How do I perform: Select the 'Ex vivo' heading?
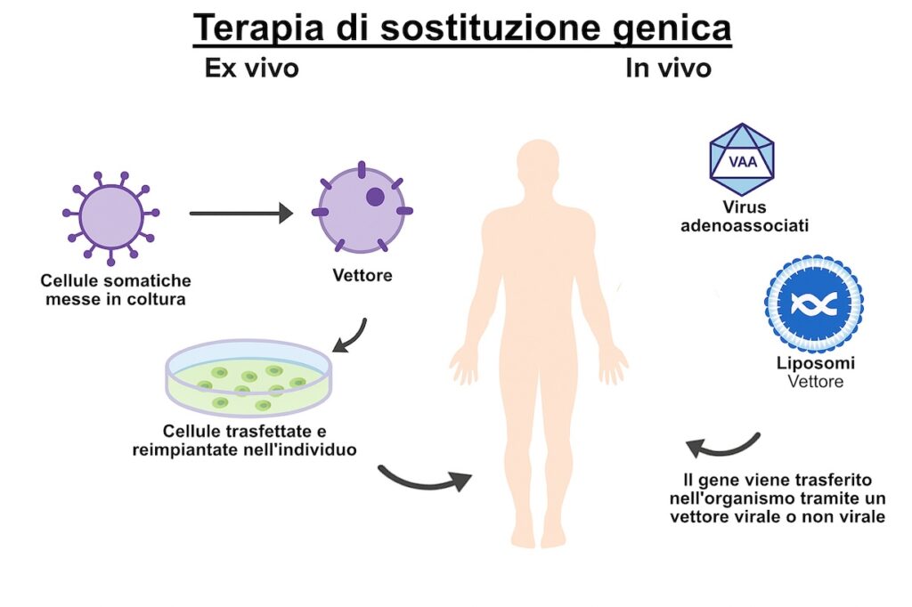tap(251, 69)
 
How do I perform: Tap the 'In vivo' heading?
tap(668, 69)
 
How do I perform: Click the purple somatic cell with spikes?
tap(110, 214)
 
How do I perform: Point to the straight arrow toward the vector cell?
tap(240, 214)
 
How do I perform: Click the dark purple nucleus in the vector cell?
tap(375, 197)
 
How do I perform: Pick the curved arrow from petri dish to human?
tap(423, 479)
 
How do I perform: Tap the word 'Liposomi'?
tap(814, 365)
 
